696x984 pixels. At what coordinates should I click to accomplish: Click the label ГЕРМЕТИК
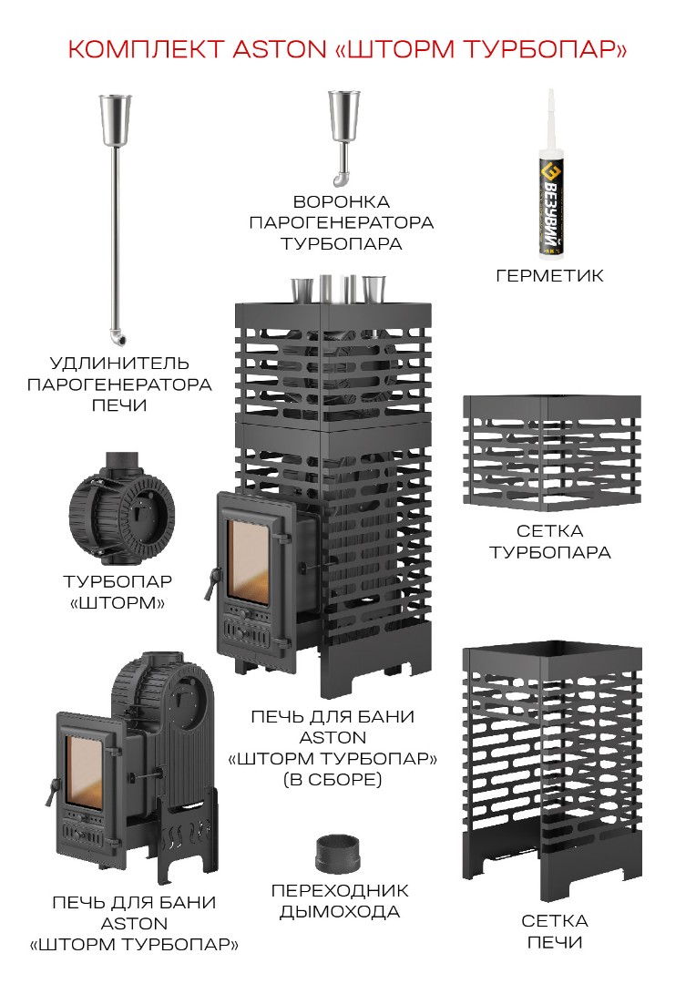click(549, 275)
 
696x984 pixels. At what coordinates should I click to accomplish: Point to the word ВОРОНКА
click(342, 201)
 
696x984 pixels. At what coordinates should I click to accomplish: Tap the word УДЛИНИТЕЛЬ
click(119, 364)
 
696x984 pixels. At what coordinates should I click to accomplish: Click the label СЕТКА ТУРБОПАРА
click(549, 541)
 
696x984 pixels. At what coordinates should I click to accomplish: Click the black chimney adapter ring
click(339, 854)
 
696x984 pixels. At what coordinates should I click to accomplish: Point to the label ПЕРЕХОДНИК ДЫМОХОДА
click(340, 900)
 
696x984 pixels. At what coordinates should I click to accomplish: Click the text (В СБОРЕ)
click(333, 780)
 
